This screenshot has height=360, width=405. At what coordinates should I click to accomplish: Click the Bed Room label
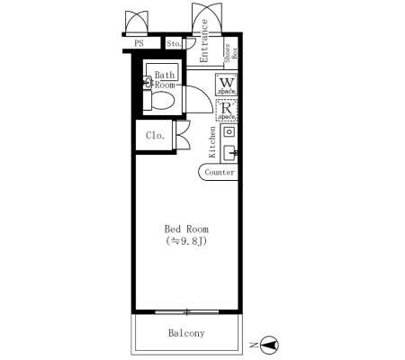click(186, 229)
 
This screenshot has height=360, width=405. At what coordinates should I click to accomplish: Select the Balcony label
click(186, 333)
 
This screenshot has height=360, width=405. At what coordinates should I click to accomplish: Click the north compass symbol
click(269, 345)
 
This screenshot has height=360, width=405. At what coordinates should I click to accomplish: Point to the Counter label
click(220, 172)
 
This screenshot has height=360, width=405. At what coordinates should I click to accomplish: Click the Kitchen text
click(212, 142)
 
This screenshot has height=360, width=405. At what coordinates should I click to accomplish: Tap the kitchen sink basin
click(230, 153)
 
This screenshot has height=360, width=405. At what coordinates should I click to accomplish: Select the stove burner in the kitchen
click(229, 131)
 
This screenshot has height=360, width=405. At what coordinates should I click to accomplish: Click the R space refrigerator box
click(227, 110)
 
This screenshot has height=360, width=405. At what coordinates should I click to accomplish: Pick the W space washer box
click(227, 85)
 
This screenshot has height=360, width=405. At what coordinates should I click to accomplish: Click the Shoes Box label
click(231, 53)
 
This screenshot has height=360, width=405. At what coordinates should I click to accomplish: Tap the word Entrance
click(203, 40)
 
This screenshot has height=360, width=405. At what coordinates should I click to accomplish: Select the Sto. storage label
click(174, 44)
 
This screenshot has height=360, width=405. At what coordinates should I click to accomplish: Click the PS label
click(139, 43)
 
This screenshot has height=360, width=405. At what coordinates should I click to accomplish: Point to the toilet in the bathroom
click(159, 100)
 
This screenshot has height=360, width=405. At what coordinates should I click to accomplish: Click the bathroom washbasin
click(148, 83)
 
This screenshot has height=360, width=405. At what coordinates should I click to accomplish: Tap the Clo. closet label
click(156, 136)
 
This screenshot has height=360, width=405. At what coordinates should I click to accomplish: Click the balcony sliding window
click(187, 312)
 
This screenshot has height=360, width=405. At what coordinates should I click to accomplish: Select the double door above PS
click(137, 22)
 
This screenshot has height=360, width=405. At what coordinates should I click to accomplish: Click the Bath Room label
click(165, 80)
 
